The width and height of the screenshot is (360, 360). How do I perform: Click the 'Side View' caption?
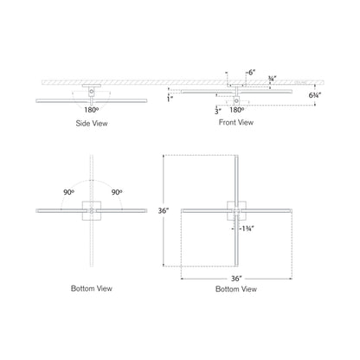[x=91, y=124]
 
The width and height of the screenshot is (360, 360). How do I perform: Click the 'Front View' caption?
[x=235, y=124]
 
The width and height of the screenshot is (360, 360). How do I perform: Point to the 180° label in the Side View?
[x=91, y=111]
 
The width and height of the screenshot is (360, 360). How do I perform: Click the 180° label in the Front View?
[x=234, y=111]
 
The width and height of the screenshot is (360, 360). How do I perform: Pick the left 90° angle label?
[x=67, y=191]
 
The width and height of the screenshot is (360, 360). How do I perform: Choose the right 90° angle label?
[x=114, y=191]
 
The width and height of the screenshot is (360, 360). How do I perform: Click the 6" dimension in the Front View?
[x=251, y=74]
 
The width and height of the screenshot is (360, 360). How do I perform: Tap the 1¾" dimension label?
[x=247, y=228]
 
